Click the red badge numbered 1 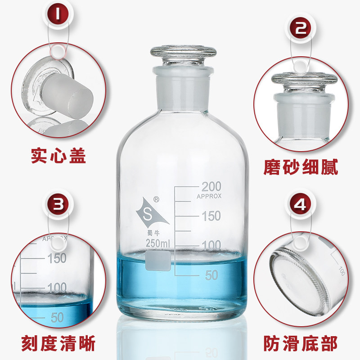point(58,14)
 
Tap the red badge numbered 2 point(301,28)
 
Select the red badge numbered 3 point(58,204)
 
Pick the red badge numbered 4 point(301,204)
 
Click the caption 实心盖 point(58,156)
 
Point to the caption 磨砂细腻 point(301,166)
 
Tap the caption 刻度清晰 point(58,343)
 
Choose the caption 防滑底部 point(300,343)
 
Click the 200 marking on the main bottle point(211,186)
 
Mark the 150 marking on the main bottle point(211,216)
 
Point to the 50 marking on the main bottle point(211,275)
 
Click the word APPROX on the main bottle point(209,196)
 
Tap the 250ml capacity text point(158,243)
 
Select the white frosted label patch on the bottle point(158,261)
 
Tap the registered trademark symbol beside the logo point(156,199)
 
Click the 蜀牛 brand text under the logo point(153,233)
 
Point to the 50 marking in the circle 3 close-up point(57,318)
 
